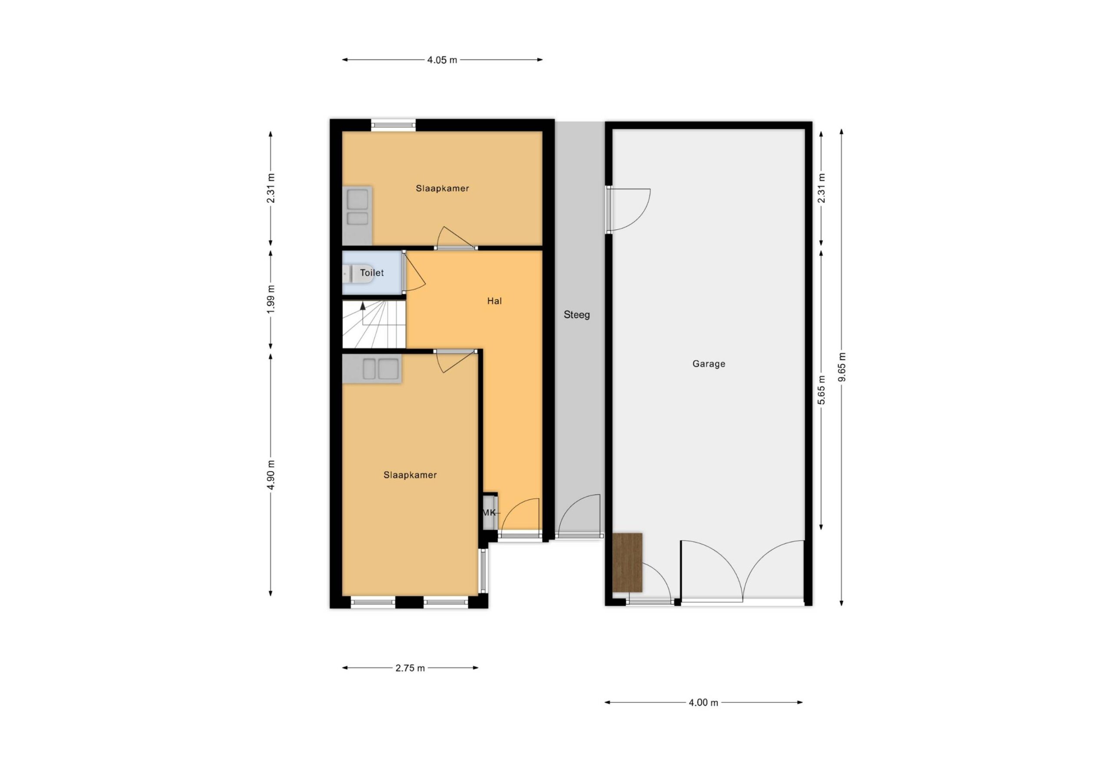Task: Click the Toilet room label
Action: [x=372, y=273]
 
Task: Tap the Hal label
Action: [x=494, y=301]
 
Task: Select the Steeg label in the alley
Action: [x=576, y=315]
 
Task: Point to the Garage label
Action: [x=708, y=363]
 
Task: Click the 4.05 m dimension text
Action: [x=442, y=60]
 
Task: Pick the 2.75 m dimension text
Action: [x=410, y=668]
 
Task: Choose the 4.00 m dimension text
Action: [x=703, y=703]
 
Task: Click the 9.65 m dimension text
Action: [x=842, y=367]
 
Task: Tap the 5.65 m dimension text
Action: [x=821, y=390]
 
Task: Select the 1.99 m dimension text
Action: [x=271, y=300]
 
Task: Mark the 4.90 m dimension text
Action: [x=271, y=475]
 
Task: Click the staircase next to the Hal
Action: [x=374, y=324]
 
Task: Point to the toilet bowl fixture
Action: [x=358, y=274]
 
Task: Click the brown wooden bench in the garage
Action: [x=627, y=563]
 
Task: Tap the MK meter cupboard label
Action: [x=489, y=513]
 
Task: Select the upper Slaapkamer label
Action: [x=442, y=188]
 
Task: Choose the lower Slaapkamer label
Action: [x=410, y=475]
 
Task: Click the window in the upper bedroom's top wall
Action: [x=393, y=125]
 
